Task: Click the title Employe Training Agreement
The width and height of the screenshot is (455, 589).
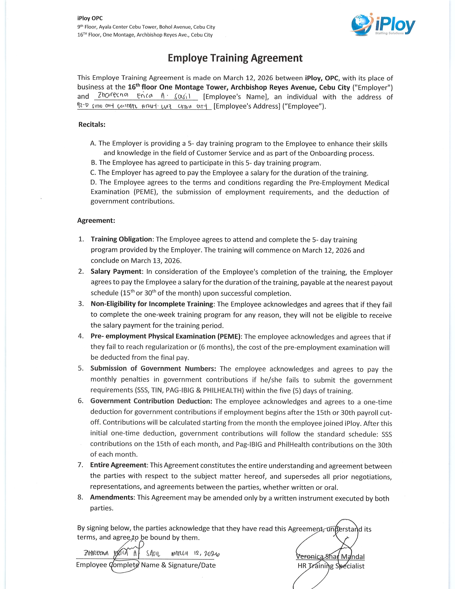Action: coord(235,58)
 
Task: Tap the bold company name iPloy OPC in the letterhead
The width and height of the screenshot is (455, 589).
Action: coord(90,18)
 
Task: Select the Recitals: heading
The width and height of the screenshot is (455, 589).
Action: coord(92,125)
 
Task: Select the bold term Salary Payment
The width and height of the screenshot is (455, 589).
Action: coord(116,272)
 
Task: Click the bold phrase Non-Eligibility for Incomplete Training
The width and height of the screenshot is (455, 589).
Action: coord(152,304)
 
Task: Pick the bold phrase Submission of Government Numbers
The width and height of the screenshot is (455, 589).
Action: coord(153,369)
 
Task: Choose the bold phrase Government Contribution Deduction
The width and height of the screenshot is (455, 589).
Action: coord(151,401)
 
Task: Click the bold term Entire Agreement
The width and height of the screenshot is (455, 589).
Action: coord(118,465)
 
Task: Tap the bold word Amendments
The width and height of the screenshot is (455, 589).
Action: coord(112,498)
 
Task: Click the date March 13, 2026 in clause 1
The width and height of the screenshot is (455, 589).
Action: coord(156,261)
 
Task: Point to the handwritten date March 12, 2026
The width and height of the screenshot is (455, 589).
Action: coord(195,554)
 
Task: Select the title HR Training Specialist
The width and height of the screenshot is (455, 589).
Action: coord(331,566)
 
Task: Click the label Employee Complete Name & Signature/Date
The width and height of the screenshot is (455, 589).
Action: coord(146,565)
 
